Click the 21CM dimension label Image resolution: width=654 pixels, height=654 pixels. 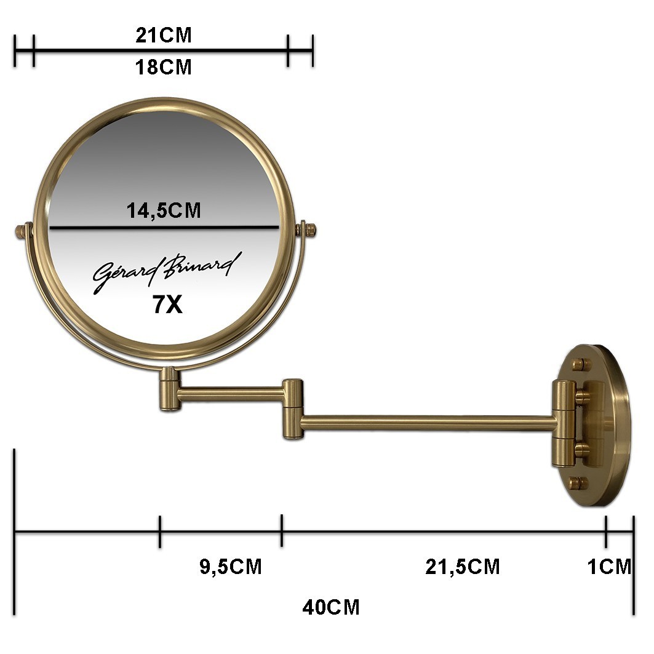(164, 36)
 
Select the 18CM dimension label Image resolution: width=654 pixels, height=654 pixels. (164, 68)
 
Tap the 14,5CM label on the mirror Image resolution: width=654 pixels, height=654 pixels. (164, 210)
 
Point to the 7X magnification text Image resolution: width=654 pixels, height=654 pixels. (167, 305)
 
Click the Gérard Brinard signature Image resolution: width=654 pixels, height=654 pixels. (167, 272)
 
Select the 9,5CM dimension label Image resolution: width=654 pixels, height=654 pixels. (231, 567)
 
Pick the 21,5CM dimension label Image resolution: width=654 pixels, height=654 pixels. (463, 567)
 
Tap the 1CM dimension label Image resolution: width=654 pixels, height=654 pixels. (610, 567)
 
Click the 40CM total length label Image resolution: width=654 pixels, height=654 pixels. (331, 607)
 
